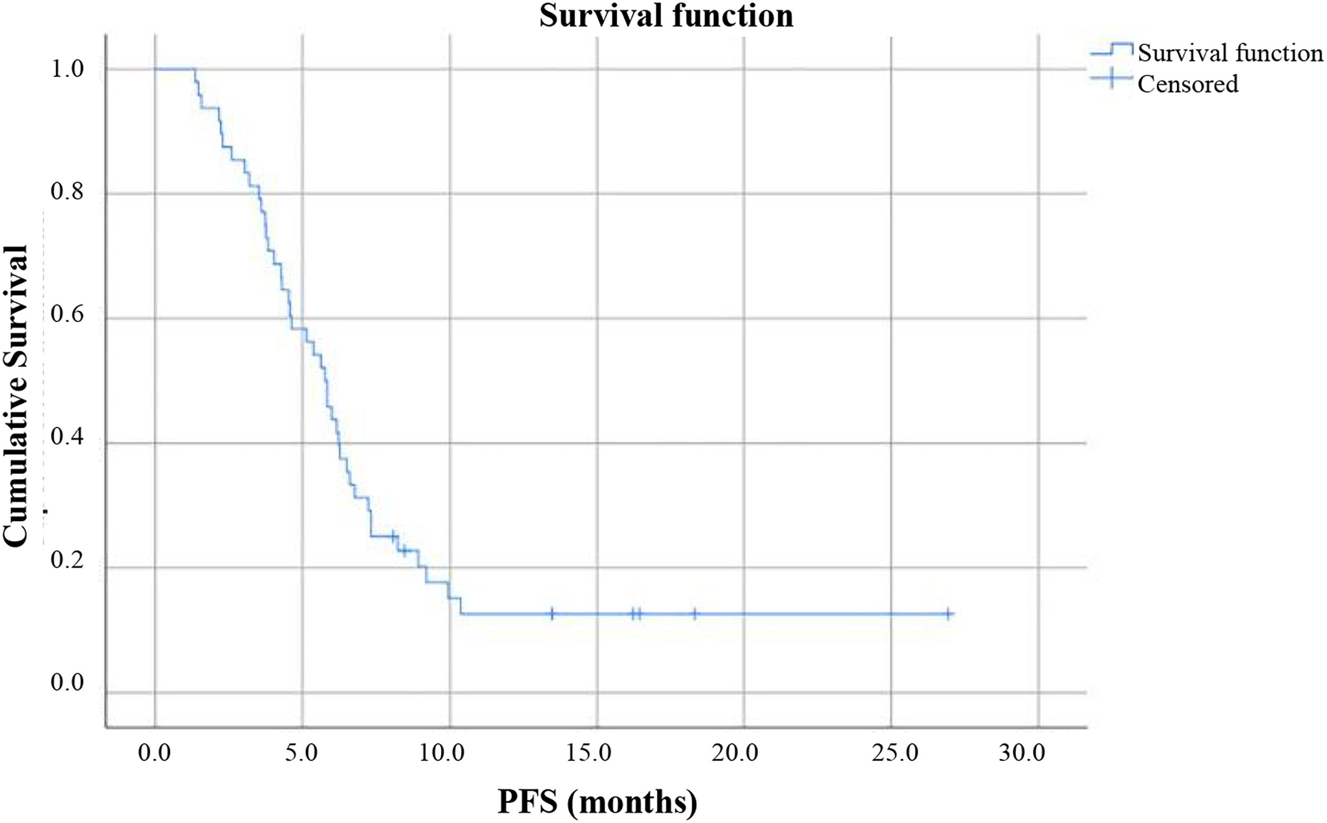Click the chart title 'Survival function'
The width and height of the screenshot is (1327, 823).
coord(666,16)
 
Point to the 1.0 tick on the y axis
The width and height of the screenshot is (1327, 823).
coord(68,70)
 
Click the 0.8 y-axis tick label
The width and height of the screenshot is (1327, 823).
coord(68,194)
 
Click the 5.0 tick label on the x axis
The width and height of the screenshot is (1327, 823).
coord(302,754)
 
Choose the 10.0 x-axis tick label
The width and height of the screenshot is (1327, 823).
coord(449,754)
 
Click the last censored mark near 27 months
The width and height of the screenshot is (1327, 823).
coord(949,614)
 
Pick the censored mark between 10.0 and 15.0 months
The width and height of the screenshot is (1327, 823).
coord(552,614)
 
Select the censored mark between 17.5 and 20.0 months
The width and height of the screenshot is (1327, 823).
coord(695,614)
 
